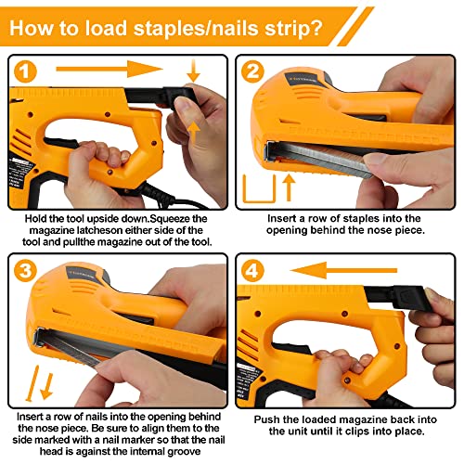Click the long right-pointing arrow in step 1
click(x=107, y=69)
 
